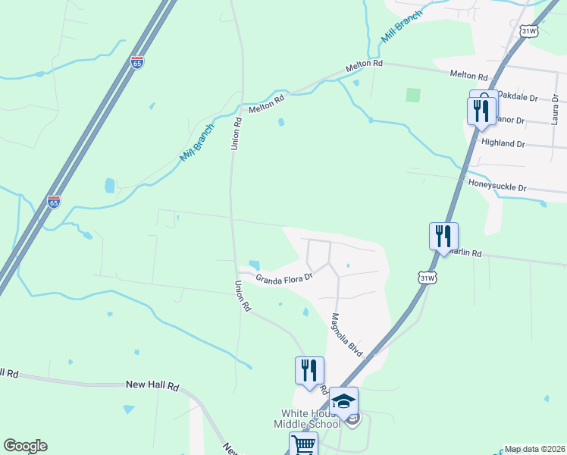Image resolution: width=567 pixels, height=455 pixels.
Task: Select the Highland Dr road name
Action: (503, 143)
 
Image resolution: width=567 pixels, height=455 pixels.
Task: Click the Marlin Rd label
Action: (464, 253)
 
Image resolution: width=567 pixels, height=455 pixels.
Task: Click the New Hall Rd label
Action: (152, 386)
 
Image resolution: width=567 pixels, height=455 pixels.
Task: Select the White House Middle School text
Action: (312, 419)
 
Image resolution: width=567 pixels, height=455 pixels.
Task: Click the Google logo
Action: (25, 446)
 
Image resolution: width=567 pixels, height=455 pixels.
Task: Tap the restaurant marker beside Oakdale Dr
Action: (481, 111)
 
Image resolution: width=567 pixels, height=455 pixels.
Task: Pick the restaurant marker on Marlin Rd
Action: (443, 236)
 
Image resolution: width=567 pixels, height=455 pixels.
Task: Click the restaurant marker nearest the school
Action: (309, 370)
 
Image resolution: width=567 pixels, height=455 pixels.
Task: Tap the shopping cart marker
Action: (303, 444)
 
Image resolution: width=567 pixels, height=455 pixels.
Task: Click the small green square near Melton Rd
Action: (412, 95)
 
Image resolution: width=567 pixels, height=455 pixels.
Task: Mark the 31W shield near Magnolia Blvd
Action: (428, 278)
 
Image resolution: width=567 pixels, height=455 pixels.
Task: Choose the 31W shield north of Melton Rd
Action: (528, 31)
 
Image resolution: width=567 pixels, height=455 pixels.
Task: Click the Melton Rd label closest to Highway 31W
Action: (468, 75)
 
